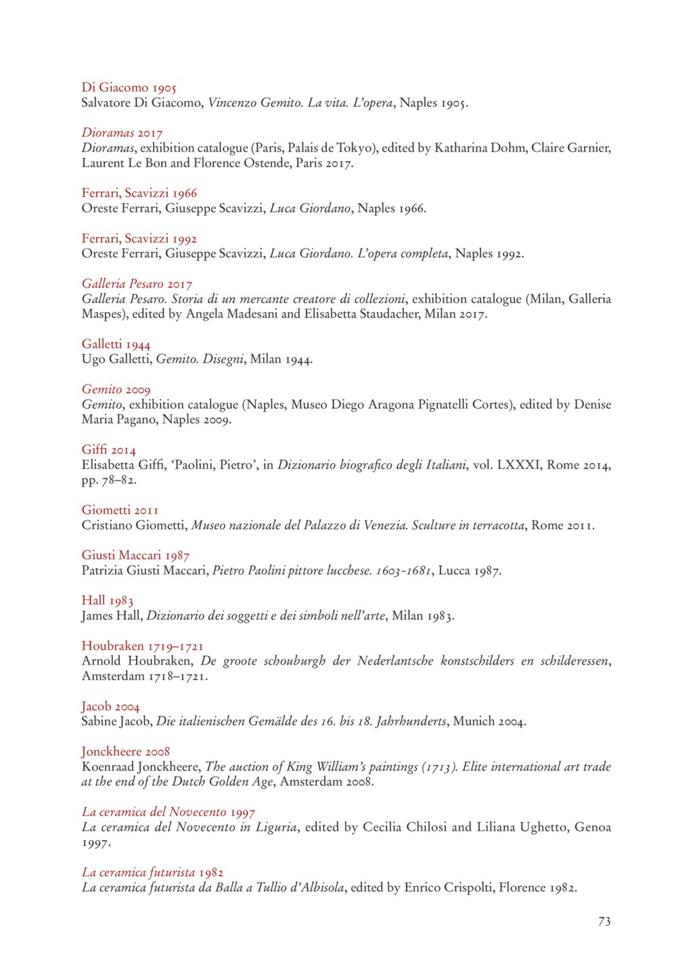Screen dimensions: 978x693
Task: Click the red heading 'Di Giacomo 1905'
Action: (129, 87)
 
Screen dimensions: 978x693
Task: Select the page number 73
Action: (604, 921)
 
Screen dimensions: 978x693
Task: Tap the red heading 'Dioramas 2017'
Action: (122, 133)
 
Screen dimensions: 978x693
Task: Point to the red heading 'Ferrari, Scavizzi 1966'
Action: (139, 193)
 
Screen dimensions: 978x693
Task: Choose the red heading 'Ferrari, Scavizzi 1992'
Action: (139, 238)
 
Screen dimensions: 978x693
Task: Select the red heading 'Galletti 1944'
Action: (116, 344)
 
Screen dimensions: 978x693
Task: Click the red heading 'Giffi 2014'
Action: (108, 450)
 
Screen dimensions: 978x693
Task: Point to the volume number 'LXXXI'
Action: (518, 465)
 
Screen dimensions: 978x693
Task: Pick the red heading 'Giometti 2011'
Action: (120, 510)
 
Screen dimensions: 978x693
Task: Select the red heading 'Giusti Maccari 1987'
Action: (135, 556)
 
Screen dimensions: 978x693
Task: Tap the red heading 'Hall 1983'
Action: (107, 600)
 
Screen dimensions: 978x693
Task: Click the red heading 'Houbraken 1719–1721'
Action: (142, 646)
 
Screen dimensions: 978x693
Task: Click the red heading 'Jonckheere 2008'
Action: (125, 751)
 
